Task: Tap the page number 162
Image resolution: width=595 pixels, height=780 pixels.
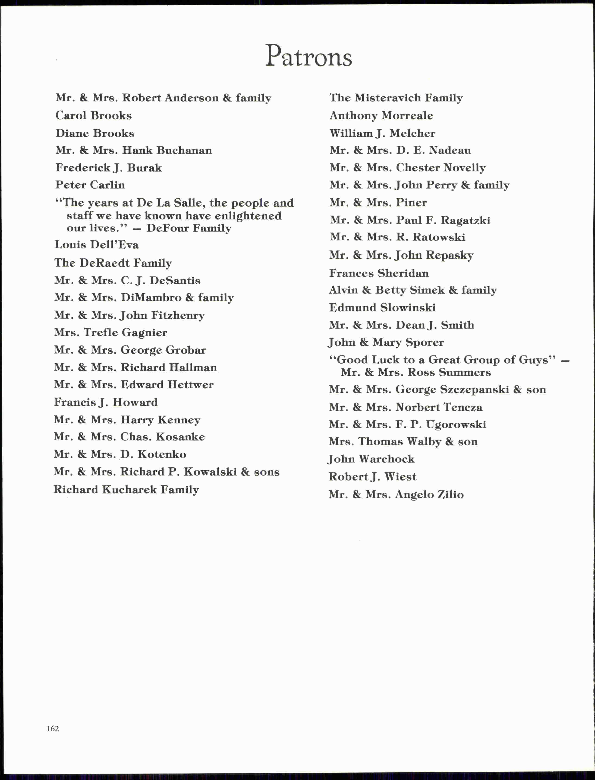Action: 53,728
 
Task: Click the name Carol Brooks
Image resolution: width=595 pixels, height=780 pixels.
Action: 94,116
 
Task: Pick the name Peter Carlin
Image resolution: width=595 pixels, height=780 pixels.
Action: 90,185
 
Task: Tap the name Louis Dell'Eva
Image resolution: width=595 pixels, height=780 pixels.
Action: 96,244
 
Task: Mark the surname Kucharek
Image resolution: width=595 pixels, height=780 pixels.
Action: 129,489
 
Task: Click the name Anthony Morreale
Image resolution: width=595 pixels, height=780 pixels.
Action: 381,116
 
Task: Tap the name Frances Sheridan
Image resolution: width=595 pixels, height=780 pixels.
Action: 379,273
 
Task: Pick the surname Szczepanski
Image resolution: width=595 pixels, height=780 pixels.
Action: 475,390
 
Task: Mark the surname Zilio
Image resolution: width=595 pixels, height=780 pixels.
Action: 450,494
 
